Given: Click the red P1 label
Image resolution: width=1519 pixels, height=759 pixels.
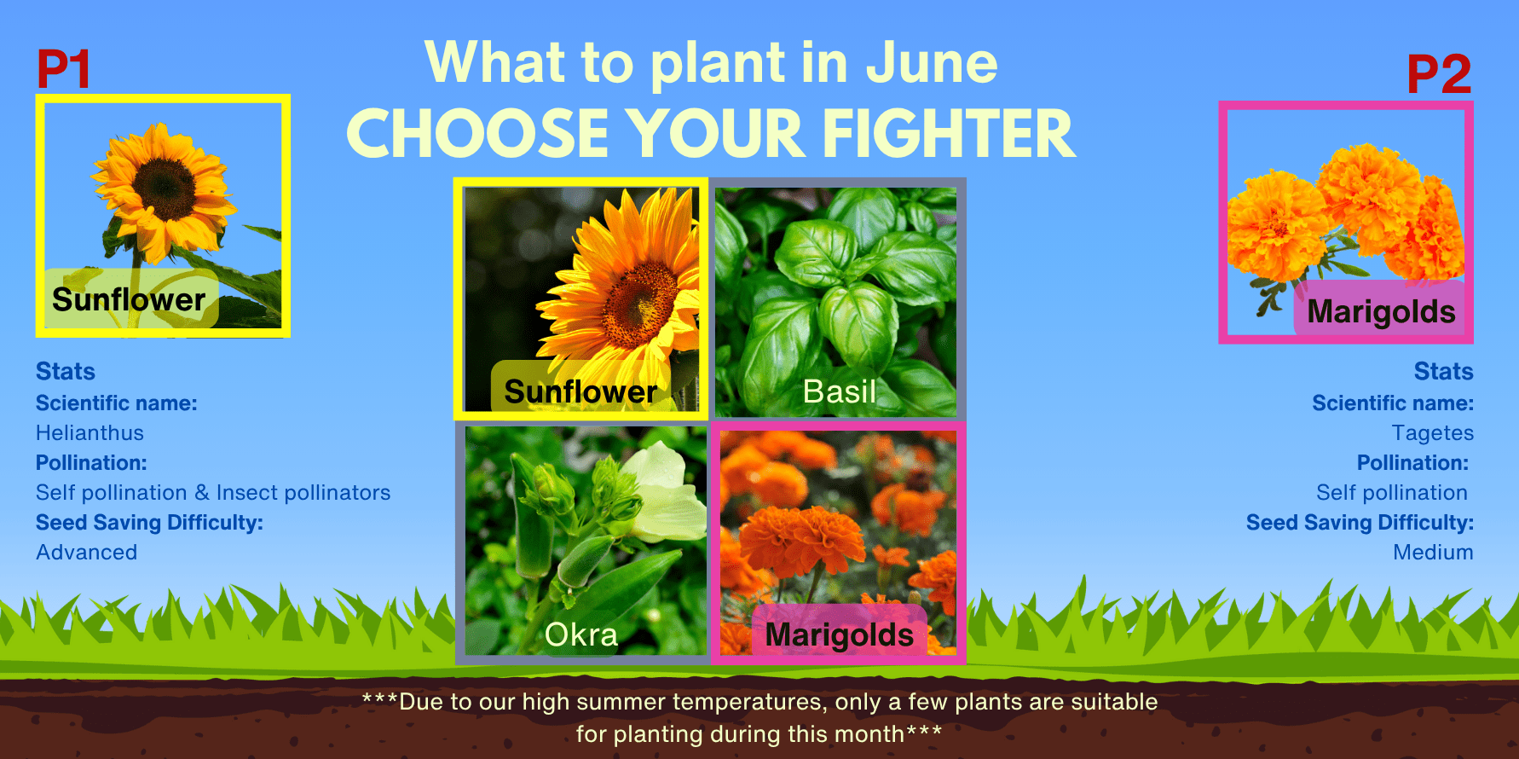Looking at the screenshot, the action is [63, 69].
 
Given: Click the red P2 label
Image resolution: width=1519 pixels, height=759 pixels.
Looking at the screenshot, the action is [1439, 74].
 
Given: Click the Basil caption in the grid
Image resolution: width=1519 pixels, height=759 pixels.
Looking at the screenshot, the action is [840, 391].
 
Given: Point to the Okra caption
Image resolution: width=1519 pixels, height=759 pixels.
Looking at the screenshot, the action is [581, 634].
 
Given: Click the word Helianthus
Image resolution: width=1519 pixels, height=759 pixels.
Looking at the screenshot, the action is [90, 433].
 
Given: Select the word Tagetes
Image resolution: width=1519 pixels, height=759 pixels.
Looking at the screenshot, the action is [1432, 434].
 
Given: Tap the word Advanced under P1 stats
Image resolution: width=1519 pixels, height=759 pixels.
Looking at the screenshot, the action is [86, 553].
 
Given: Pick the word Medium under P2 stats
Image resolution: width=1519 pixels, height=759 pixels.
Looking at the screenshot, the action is [1433, 553].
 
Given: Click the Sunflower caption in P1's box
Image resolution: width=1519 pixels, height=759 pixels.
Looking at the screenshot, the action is [129, 299].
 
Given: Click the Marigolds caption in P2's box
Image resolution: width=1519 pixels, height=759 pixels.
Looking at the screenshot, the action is [1381, 311].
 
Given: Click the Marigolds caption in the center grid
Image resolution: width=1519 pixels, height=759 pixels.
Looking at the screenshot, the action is [840, 634].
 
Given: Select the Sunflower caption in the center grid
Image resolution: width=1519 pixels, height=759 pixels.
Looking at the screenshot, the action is [580, 391].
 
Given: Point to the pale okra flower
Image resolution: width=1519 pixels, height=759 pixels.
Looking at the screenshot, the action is [665, 490].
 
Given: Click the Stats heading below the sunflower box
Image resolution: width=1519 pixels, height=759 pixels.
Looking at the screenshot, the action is [66, 372].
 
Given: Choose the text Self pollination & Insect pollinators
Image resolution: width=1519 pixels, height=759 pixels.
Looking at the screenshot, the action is [213, 493].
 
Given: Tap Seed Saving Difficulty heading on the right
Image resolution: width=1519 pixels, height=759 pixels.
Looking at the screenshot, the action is [1360, 523].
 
